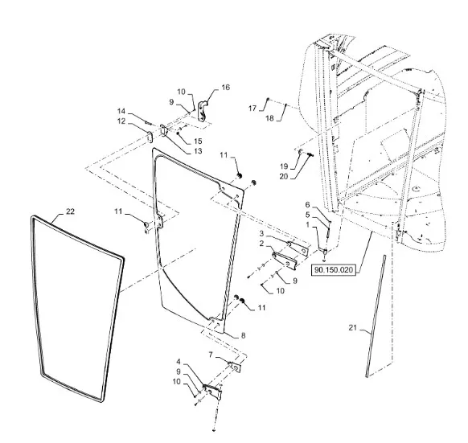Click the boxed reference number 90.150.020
334,270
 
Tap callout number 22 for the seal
70,211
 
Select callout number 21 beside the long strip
352,328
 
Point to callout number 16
226,87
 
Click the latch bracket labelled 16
203,111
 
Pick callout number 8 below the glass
244,335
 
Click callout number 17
252,108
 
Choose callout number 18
269,118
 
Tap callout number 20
284,176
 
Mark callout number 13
198,151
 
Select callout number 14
121,111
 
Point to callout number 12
121,121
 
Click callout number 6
307,205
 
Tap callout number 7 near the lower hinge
211,355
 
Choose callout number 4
179,362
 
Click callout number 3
261,233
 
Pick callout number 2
261,244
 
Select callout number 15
198,142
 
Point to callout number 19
284,166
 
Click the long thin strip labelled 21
376,316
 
